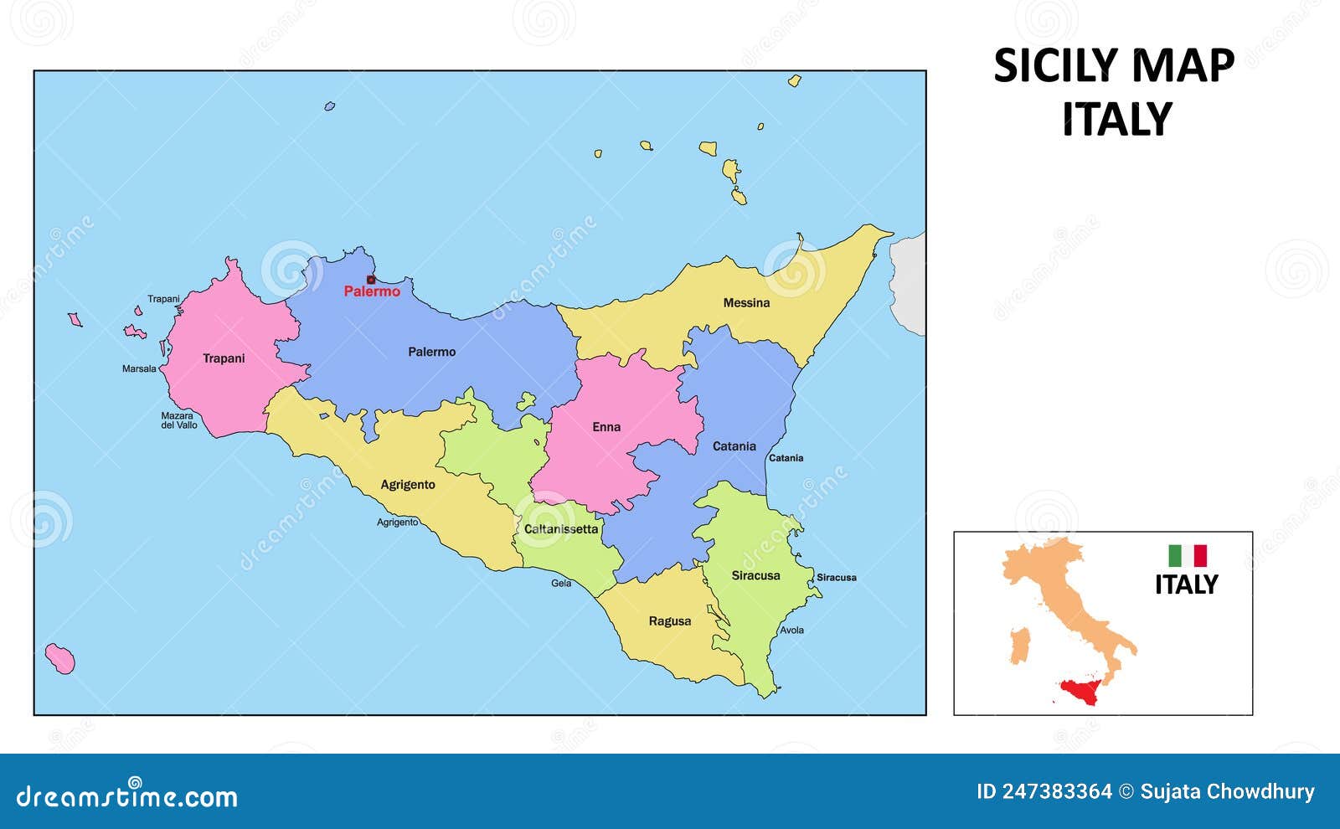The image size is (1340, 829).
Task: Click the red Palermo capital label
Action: [372, 292]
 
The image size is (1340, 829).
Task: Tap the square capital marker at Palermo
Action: [371, 280]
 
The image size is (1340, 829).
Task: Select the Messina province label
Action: [746, 303]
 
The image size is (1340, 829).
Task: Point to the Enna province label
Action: [606, 427]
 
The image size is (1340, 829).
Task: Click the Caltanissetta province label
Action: [561, 529]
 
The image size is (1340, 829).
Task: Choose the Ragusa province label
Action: [669, 621]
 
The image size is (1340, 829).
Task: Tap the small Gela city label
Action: [561, 583]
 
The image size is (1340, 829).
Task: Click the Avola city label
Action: [791, 631]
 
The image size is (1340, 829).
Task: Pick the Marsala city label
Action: [139, 369]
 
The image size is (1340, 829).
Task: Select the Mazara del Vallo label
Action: [178, 420]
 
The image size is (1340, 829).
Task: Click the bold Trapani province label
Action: [224, 359]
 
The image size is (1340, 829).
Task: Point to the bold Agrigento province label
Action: [408, 485]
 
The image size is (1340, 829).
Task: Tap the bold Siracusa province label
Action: [755, 576]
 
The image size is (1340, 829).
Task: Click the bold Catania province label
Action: [734, 446]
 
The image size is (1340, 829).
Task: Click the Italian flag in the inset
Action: [1187, 556]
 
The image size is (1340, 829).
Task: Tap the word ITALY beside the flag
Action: [1186, 584]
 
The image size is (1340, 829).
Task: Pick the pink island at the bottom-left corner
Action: [60, 659]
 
